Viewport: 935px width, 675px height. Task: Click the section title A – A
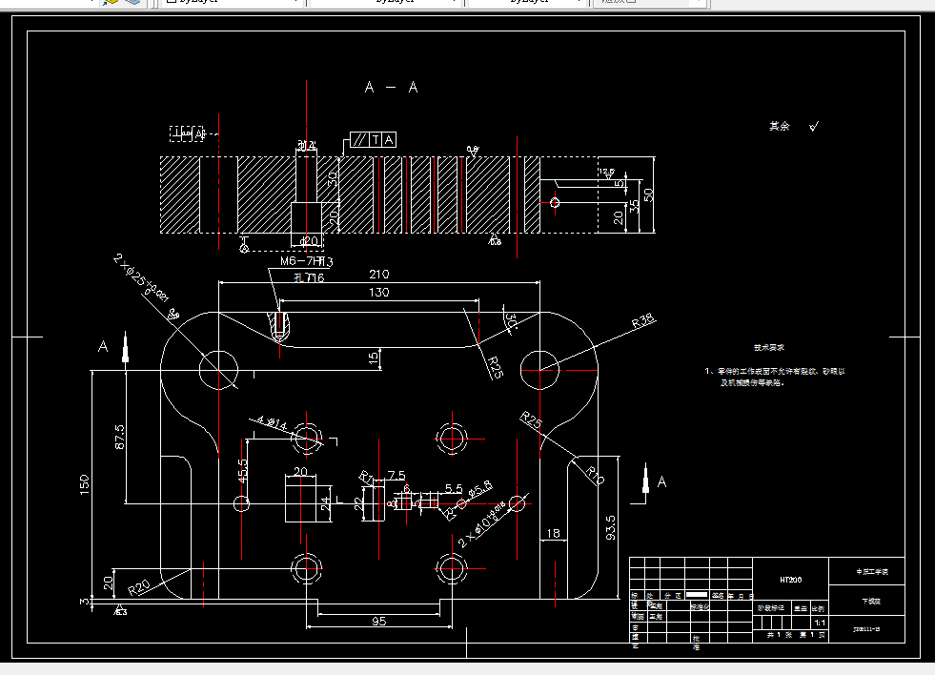392,88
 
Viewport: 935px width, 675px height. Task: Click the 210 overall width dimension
379,275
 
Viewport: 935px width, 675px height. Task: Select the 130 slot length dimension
379,293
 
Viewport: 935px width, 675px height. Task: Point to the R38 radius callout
644,322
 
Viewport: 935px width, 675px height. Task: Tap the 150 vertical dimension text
85,485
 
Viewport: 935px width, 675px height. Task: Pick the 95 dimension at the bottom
378,622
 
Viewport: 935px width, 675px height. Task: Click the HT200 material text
790,579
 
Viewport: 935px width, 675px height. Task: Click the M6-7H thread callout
305,261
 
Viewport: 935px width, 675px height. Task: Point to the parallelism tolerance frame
374,140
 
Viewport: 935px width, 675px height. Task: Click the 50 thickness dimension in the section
649,194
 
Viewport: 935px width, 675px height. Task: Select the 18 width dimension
552,534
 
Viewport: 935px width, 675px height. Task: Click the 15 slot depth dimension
374,358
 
